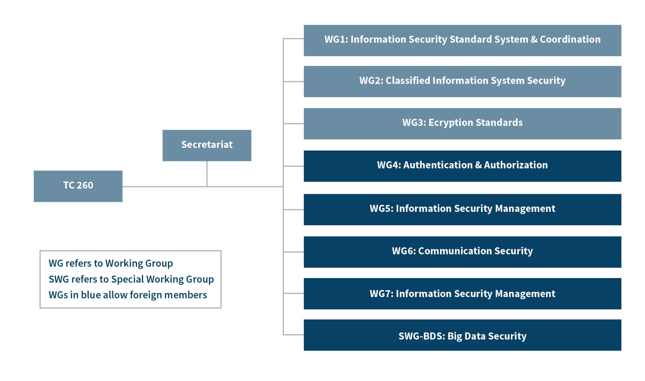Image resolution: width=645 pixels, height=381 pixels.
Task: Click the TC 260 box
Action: pos(78,186)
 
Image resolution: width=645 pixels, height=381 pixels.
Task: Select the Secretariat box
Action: pos(207,145)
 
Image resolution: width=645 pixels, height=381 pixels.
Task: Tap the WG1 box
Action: pos(462,40)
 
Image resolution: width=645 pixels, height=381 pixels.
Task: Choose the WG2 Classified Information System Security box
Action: pos(462,81)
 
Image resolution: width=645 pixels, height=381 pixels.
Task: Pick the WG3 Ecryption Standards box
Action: pos(462,123)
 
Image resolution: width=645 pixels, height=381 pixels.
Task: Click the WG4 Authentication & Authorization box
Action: pos(462,166)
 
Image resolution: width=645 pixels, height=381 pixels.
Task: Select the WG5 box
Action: pos(462,209)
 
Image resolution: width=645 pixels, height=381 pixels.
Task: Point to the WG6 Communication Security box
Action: pos(462,252)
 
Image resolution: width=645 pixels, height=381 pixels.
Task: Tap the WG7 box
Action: pos(462,293)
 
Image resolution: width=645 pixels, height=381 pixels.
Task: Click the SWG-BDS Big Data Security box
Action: pos(462,335)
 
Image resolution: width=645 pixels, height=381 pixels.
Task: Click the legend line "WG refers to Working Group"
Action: pos(111,263)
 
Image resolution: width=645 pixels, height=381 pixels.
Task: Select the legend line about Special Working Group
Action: pos(131,279)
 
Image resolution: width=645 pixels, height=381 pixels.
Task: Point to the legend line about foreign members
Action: pos(128,295)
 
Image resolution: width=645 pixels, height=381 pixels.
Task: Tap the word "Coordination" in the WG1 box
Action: pos(570,39)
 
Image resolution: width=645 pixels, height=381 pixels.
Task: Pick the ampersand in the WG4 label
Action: pos(478,165)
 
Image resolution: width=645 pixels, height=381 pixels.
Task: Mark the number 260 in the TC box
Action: pos(85,185)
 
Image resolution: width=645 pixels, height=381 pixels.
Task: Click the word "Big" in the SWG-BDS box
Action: pos(454,336)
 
